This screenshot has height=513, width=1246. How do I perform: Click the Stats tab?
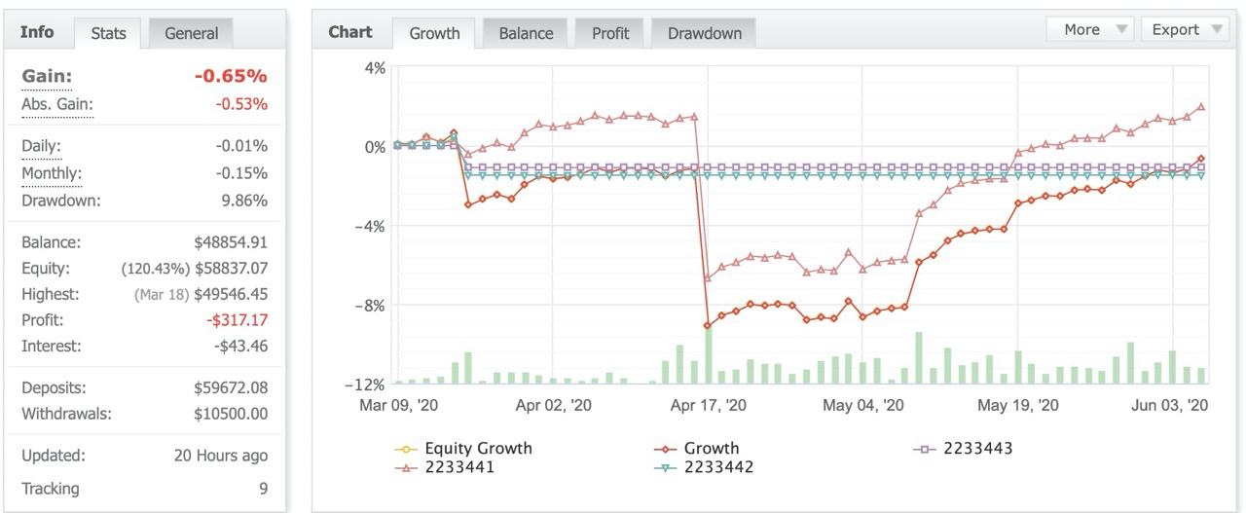(x=108, y=33)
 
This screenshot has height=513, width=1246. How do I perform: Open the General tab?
(x=191, y=33)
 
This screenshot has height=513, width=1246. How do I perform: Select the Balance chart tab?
(x=526, y=33)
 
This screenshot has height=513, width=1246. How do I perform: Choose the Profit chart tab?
(x=610, y=33)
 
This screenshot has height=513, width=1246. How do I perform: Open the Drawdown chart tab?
(x=704, y=33)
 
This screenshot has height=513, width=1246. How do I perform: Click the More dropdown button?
(x=1089, y=29)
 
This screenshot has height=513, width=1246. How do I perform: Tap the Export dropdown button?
(x=1185, y=29)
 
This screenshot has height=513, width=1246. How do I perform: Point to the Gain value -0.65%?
(x=231, y=76)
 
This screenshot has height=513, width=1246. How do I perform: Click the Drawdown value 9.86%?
(x=244, y=201)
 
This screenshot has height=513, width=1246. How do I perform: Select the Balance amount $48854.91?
(x=231, y=242)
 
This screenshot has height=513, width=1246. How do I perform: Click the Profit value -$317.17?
(x=237, y=320)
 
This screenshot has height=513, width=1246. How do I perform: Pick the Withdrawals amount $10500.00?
(x=231, y=414)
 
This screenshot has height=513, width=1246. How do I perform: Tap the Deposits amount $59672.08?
(x=231, y=387)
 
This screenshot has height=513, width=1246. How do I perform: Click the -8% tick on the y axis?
(x=370, y=306)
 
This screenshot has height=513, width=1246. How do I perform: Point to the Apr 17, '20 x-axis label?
(x=708, y=405)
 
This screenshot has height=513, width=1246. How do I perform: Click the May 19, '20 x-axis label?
(x=1018, y=405)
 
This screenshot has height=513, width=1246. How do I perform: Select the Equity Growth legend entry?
(x=463, y=449)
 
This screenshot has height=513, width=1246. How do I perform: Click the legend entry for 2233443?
(x=963, y=449)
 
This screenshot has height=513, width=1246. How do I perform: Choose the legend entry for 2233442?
(x=704, y=467)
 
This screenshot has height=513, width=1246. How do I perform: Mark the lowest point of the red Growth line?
(x=707, y=325)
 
